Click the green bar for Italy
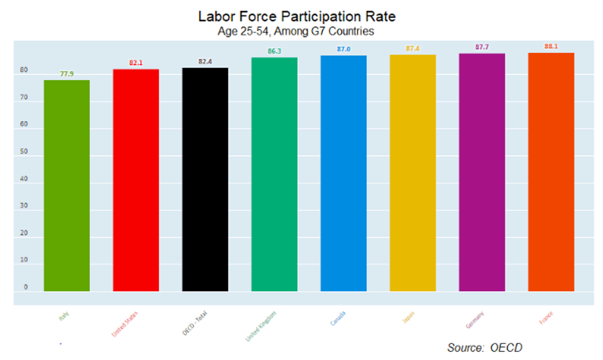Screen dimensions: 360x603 (x=66, y=185)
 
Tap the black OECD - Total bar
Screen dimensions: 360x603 (x=205, y=179)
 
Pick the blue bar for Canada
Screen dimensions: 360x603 (x=343, y=173)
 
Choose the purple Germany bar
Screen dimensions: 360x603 (x=482, y=172)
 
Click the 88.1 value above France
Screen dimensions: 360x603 (x=551, y=46)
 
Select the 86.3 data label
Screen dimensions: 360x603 (x=274, y=51)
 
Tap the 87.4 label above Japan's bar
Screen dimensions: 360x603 (x=413, y=48)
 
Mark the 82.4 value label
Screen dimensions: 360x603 (x=205, y=62)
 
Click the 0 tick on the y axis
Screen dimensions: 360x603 (x=26, y=287)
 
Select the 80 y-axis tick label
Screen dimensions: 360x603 (x=24, y=70)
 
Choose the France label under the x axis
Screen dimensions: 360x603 (x=545, y=318)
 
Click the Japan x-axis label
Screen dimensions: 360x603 (x=408, y=318)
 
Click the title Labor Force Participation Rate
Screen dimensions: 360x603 (x=297, y=15)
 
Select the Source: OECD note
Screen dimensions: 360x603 (x=485, y=348)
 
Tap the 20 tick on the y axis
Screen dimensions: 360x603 (x=24, y=233)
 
